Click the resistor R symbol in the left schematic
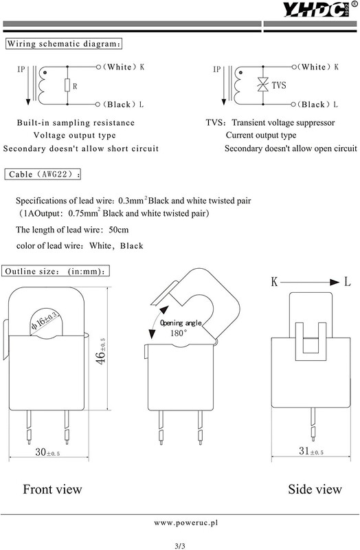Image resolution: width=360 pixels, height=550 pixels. [67, 86]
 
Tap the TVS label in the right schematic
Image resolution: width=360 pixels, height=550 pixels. [279, 86]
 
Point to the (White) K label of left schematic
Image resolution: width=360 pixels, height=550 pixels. [124, 67]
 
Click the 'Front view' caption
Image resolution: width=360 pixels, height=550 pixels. [53, 489]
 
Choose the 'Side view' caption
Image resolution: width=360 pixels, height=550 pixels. [315, 489]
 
